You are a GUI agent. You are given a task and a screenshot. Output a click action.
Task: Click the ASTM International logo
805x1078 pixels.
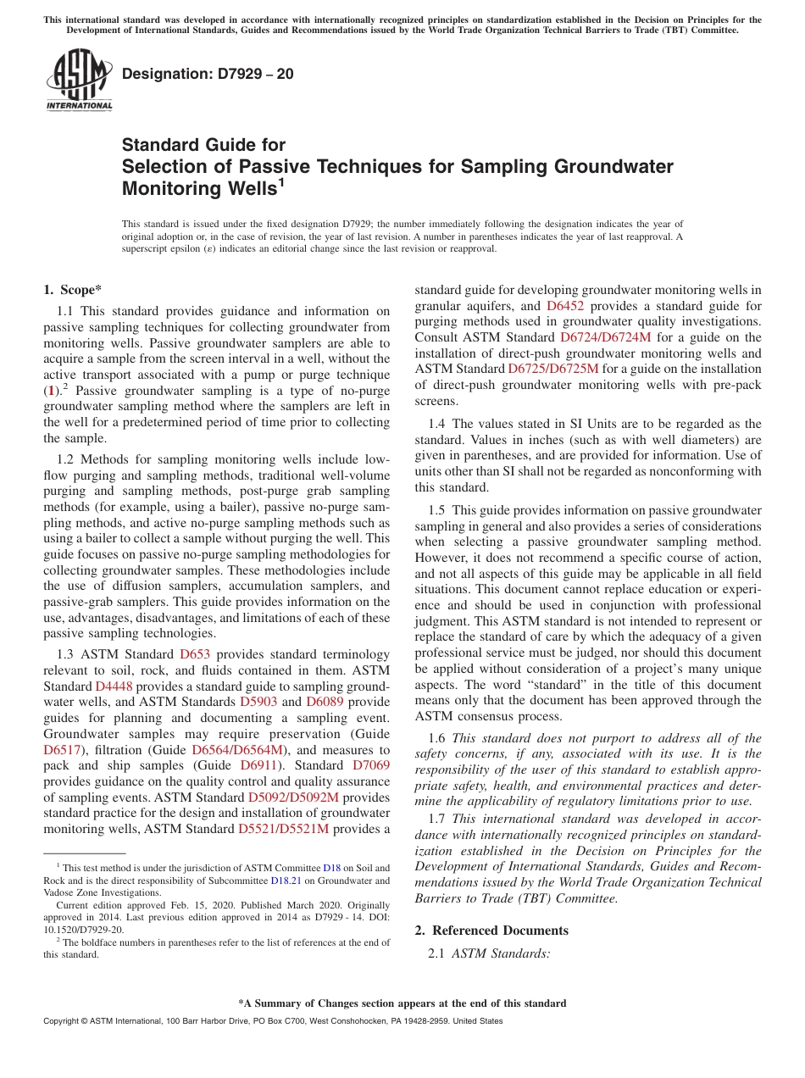point(79,82)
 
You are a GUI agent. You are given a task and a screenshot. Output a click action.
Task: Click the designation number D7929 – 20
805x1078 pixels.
point(208,74)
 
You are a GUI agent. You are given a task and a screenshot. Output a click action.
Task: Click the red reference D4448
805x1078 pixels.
point(114,686)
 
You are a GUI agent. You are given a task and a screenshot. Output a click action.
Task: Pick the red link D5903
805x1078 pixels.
point(258,702)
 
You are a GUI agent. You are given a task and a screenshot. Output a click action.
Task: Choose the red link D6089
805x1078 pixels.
point(325,702)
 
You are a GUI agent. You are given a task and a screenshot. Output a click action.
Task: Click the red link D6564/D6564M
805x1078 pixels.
point(238,750)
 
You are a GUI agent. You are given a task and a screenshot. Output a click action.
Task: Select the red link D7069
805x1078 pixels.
point(370,766)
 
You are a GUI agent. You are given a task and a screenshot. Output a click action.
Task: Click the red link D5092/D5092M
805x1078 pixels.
point(293,797)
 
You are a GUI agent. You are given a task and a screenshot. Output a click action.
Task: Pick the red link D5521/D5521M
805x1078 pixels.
point(283,829)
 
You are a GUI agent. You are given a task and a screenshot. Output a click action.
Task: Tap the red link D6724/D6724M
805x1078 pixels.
point(606,337)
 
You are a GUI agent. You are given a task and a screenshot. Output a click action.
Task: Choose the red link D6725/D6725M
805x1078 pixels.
point(553,369)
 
